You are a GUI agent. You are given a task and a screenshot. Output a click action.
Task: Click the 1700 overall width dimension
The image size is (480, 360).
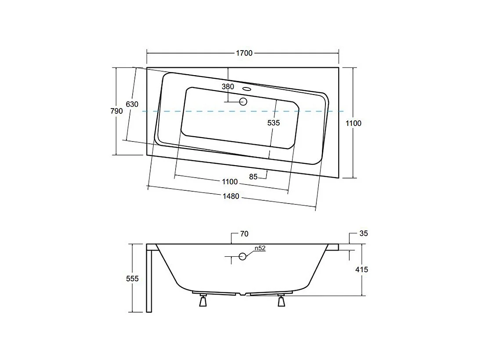(x=244, y=53)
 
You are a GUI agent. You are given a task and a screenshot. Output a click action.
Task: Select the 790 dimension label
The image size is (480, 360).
(x=116, y=111)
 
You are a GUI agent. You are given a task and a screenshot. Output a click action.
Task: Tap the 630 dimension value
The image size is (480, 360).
(x=132, y=104)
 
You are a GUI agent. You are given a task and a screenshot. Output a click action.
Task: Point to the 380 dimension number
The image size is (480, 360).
(x=227, y=87)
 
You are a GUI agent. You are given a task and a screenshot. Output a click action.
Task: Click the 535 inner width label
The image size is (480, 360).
(x=273, y=123)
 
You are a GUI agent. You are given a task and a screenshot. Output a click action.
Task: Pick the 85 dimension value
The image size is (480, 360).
(x=253, y=177)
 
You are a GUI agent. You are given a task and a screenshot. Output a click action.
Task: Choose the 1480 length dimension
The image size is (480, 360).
(x=231, y=196)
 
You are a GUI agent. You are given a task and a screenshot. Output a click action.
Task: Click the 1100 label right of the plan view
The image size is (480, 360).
(x=353, y=123)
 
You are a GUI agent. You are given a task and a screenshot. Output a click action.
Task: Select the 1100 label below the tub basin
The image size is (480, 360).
(x=229, y=182)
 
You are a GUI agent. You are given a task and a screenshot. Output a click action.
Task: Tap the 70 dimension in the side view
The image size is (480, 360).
(x=244, y=234)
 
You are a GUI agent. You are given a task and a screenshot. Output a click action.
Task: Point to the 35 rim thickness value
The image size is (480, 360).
(x=363, y=234)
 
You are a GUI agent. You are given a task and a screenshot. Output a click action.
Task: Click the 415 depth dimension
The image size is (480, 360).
(x=362, y=269)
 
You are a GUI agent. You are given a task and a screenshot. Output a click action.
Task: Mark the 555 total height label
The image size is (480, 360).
(x=132, y=278)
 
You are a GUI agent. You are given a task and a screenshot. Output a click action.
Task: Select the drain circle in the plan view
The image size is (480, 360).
(x=243, y=102)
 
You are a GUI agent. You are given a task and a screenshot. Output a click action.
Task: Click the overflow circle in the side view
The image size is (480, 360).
(x=242, y=256)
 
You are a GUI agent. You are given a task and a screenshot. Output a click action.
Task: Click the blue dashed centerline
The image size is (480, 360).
(x=198, y=112)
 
